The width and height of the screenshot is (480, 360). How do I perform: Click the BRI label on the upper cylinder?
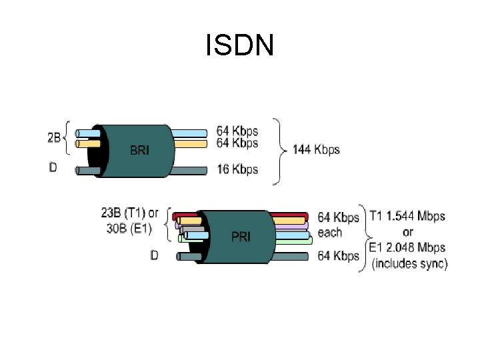[x=139, y=151]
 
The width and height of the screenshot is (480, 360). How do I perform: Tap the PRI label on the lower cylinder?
[x=241, y=237]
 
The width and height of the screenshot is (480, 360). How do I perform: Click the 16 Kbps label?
[x=237, y=170]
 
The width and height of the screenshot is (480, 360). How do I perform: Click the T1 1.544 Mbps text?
[x=407, y=217]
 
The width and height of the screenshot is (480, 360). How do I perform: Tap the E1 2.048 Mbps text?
[x=407, y=248]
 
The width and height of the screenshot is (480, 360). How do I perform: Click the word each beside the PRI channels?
[x=330, y=232]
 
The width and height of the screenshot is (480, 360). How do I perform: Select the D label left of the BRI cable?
[x=53, y=167]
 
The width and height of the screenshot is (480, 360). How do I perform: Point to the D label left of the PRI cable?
[x=155, y=255]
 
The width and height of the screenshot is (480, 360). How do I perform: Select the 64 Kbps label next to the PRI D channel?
[x=338, y=255]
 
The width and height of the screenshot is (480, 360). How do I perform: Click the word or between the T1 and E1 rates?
[x=407, y=232]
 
